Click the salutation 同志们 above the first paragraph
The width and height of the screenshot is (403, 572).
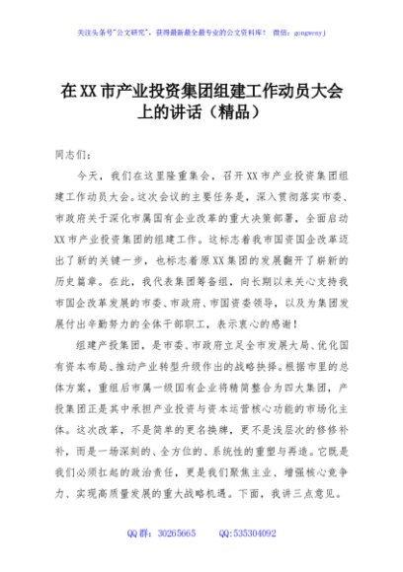(x=70, y=155)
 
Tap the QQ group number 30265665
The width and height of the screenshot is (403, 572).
(x=171, y=534)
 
